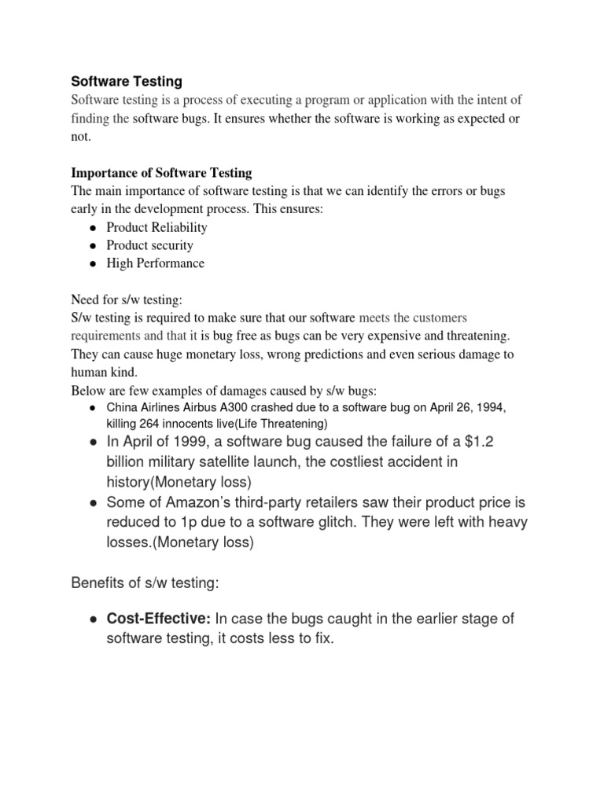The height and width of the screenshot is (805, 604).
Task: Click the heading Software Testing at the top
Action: (127, 81)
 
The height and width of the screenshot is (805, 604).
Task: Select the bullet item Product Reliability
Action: (157, 227)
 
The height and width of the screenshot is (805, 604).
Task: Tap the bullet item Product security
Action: (149, 245)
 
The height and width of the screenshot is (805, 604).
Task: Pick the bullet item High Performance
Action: (155, 263)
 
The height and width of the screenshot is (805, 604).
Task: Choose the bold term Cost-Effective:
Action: (158, 619)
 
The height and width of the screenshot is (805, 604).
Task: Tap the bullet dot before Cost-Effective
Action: (93, 619)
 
